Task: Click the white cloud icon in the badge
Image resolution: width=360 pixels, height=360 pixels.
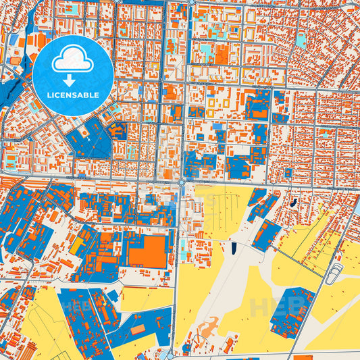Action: coord(72,60)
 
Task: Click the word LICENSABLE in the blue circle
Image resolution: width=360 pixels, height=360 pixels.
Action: coord(72,95)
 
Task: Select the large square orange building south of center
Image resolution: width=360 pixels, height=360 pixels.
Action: coord(147,251)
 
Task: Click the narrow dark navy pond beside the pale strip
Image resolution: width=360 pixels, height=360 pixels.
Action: coord(234,248)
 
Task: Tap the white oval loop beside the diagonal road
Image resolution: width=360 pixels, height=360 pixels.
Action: coord(334,274)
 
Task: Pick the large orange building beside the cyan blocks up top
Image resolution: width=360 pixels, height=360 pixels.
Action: coord(222,55)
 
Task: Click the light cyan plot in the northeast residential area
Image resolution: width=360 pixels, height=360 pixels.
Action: coord(301,41)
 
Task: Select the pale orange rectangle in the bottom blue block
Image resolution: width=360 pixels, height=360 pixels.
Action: coord(138,330)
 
